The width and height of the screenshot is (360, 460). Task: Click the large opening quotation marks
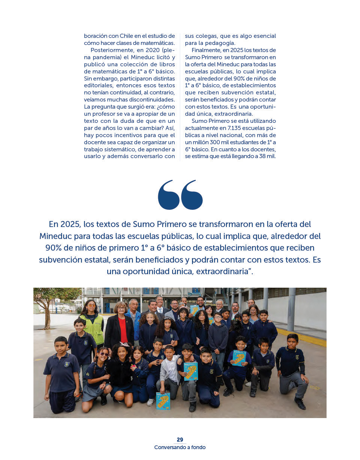pos(180,195)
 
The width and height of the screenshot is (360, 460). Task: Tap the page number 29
pos(180,440)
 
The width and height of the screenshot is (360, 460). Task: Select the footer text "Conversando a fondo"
pos(180,447)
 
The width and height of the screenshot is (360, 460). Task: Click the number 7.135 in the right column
pos(234,128)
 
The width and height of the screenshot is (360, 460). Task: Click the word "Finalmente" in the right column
pos(206,50)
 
